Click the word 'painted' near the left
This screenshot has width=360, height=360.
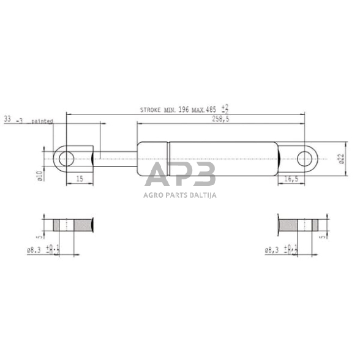(42, 121)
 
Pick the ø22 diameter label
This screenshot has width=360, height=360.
(341, 159)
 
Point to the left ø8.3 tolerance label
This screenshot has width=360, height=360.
(43, 250)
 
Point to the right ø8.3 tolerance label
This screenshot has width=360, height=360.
(282, 250)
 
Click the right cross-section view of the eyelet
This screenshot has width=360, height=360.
(298, 224)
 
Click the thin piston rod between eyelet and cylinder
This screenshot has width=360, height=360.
(116, 159)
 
